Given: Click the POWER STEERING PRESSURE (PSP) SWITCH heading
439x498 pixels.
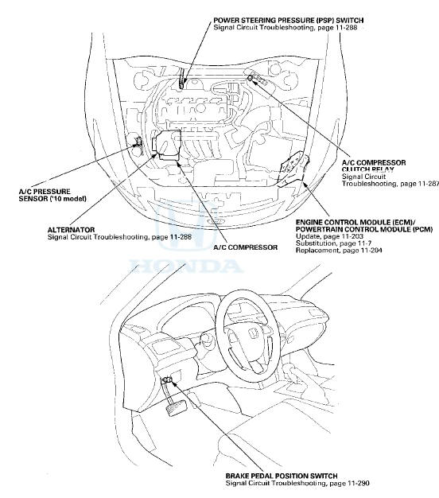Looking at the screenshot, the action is coord(288,21).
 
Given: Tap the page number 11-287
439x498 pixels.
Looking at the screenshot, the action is coord(429,184).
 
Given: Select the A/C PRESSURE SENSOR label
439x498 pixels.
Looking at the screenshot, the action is coord(52,196).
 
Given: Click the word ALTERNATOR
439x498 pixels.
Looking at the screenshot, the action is coord(71,230).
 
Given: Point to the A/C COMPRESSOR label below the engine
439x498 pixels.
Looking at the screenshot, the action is coord(246,247).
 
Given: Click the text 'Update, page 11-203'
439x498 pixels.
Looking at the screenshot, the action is coord(329,236).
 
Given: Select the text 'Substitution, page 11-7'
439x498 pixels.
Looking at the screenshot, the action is coord(333,243).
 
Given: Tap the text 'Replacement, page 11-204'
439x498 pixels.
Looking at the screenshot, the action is coord(339,251).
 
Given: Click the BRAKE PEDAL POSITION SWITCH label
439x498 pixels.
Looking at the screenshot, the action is coord(282,476).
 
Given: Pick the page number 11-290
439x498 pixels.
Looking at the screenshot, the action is coord(359,483).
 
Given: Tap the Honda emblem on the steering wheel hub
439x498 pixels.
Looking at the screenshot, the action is coord(253,333).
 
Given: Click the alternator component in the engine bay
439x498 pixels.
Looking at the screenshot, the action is coord(167,145).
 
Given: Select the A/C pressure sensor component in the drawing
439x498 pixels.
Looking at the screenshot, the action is coord(138,142).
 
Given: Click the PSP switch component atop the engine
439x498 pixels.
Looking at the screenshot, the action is coord(181,79).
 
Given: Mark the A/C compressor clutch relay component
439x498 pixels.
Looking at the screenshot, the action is coord(251,77).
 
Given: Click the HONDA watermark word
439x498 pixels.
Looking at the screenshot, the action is coord(186,267).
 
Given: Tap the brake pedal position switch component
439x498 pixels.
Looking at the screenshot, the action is coord(167,379).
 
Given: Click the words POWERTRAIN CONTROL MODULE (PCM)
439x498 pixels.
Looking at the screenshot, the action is coord(364,229).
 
